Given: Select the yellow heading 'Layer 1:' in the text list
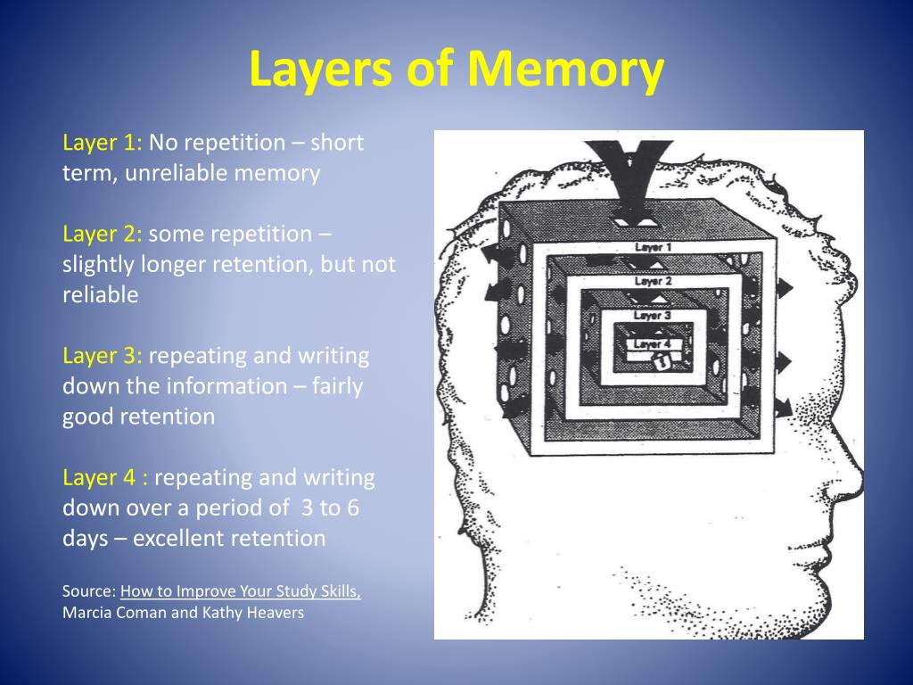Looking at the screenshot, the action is [x=102, y=143].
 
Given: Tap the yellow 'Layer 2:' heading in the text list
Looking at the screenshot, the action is [x=102, y=235].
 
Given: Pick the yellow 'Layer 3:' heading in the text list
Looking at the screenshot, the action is [x=102, y=356].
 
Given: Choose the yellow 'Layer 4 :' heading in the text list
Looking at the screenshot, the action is [x=104, y=478].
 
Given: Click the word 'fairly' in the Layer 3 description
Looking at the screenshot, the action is [x=337, y=386].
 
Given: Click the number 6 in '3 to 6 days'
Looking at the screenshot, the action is [x=352, y=508].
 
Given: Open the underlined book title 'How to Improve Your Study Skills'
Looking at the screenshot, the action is [x=241, y=591].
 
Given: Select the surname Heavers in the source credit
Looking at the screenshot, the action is [x=276, y=613].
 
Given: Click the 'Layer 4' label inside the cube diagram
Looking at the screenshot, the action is [x=651, y=343].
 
